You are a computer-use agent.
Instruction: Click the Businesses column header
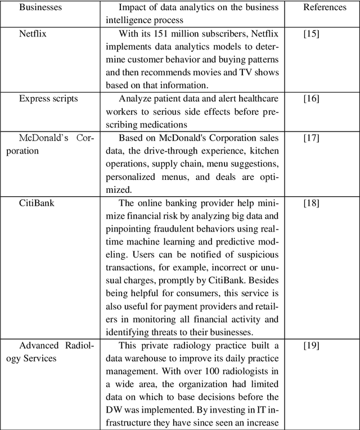coord(41,8)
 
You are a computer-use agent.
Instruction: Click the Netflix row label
coord(33,34)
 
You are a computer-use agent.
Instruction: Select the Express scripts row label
coord(48,99)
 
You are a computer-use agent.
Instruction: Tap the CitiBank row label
coord(37,202)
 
